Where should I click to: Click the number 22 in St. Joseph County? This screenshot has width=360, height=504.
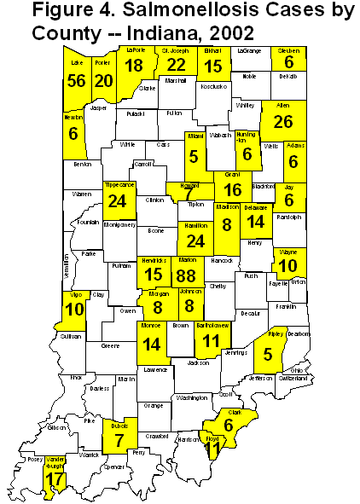[x=177, y=65]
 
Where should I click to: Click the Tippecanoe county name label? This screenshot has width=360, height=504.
[x=120, y=183]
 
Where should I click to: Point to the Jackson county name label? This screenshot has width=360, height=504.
[x=198, y=362]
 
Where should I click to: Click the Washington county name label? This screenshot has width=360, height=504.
[x=193, y=397]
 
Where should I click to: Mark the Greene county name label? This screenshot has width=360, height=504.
[x=111, y=346]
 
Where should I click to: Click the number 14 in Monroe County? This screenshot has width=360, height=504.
[x=153, y=345]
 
